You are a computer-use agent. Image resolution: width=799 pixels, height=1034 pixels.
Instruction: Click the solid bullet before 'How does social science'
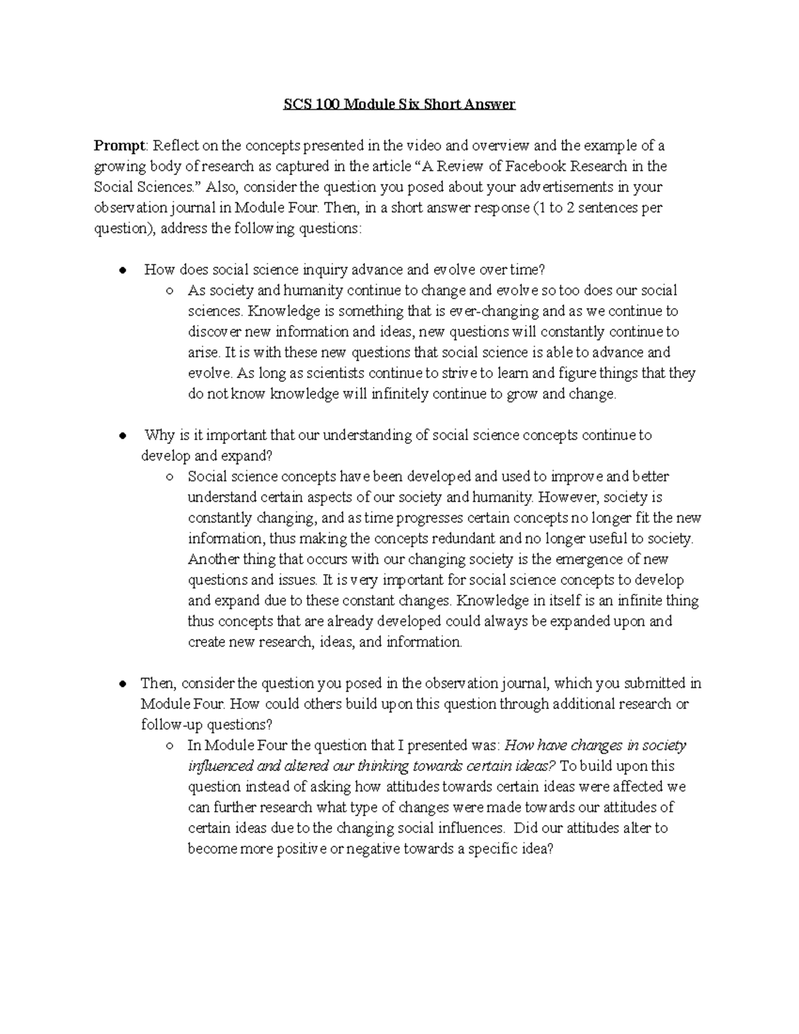pos(122,270)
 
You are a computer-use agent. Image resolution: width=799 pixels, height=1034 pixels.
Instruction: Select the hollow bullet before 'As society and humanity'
pos(170,291)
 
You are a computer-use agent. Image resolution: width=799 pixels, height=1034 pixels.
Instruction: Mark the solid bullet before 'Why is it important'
pos(122,436)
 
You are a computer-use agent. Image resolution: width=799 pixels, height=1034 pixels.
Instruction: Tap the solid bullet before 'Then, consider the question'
pos(122,684)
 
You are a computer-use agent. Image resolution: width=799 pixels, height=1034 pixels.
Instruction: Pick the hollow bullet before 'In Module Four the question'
pos(170,746)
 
